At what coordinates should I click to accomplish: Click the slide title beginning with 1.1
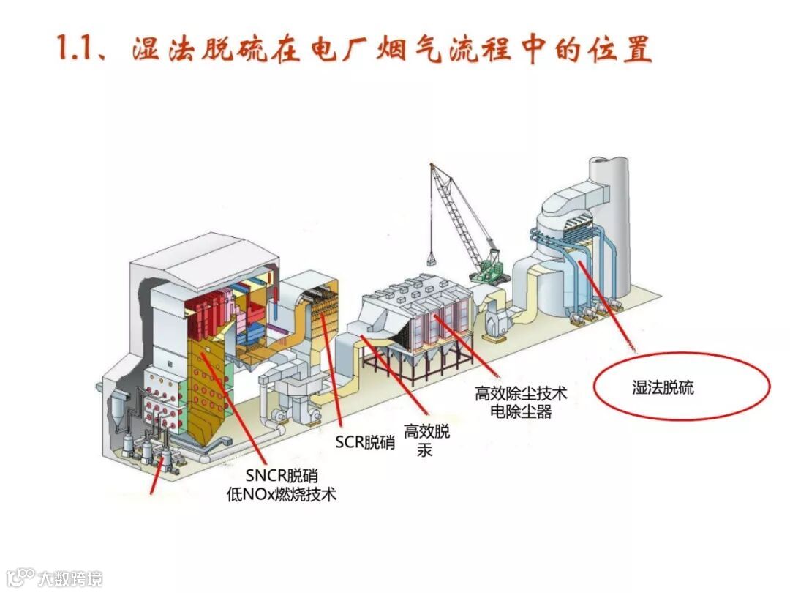(x=355, y=49)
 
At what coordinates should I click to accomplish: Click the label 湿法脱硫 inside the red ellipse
(x=663, y=388)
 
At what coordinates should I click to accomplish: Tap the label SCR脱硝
(x=365, y=442)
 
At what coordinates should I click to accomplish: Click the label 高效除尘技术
(x=521, y=395)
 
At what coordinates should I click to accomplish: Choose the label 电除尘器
(x=521, y=412)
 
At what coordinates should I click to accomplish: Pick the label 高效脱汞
(x=427, y=440)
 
